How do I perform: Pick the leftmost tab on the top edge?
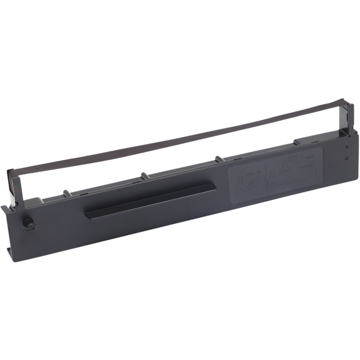[x=67, y=194]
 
